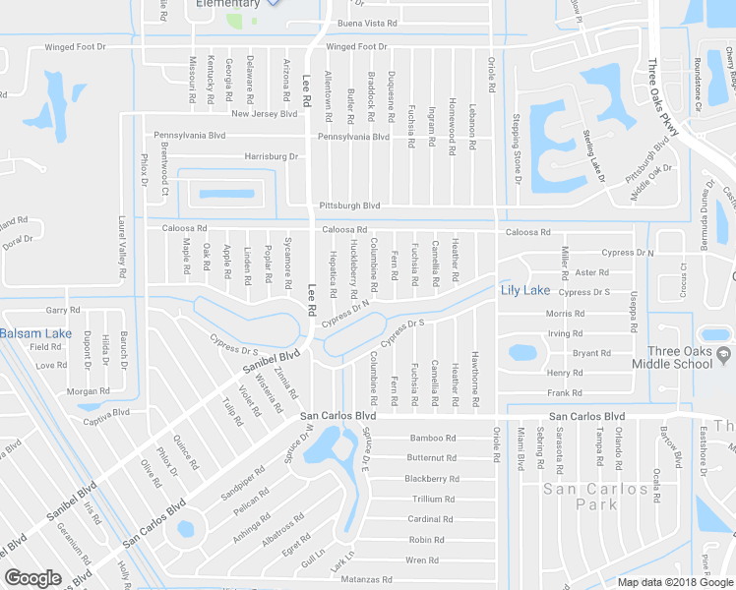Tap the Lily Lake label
pos(525,290)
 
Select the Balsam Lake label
pos(34,333)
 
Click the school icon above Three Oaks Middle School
pos(716,333)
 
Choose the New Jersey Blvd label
pos(264,114)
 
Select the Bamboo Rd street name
pos(433,438)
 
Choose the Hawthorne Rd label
pos(474,374)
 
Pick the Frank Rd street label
pos(565,392)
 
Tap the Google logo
pos(32,578)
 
